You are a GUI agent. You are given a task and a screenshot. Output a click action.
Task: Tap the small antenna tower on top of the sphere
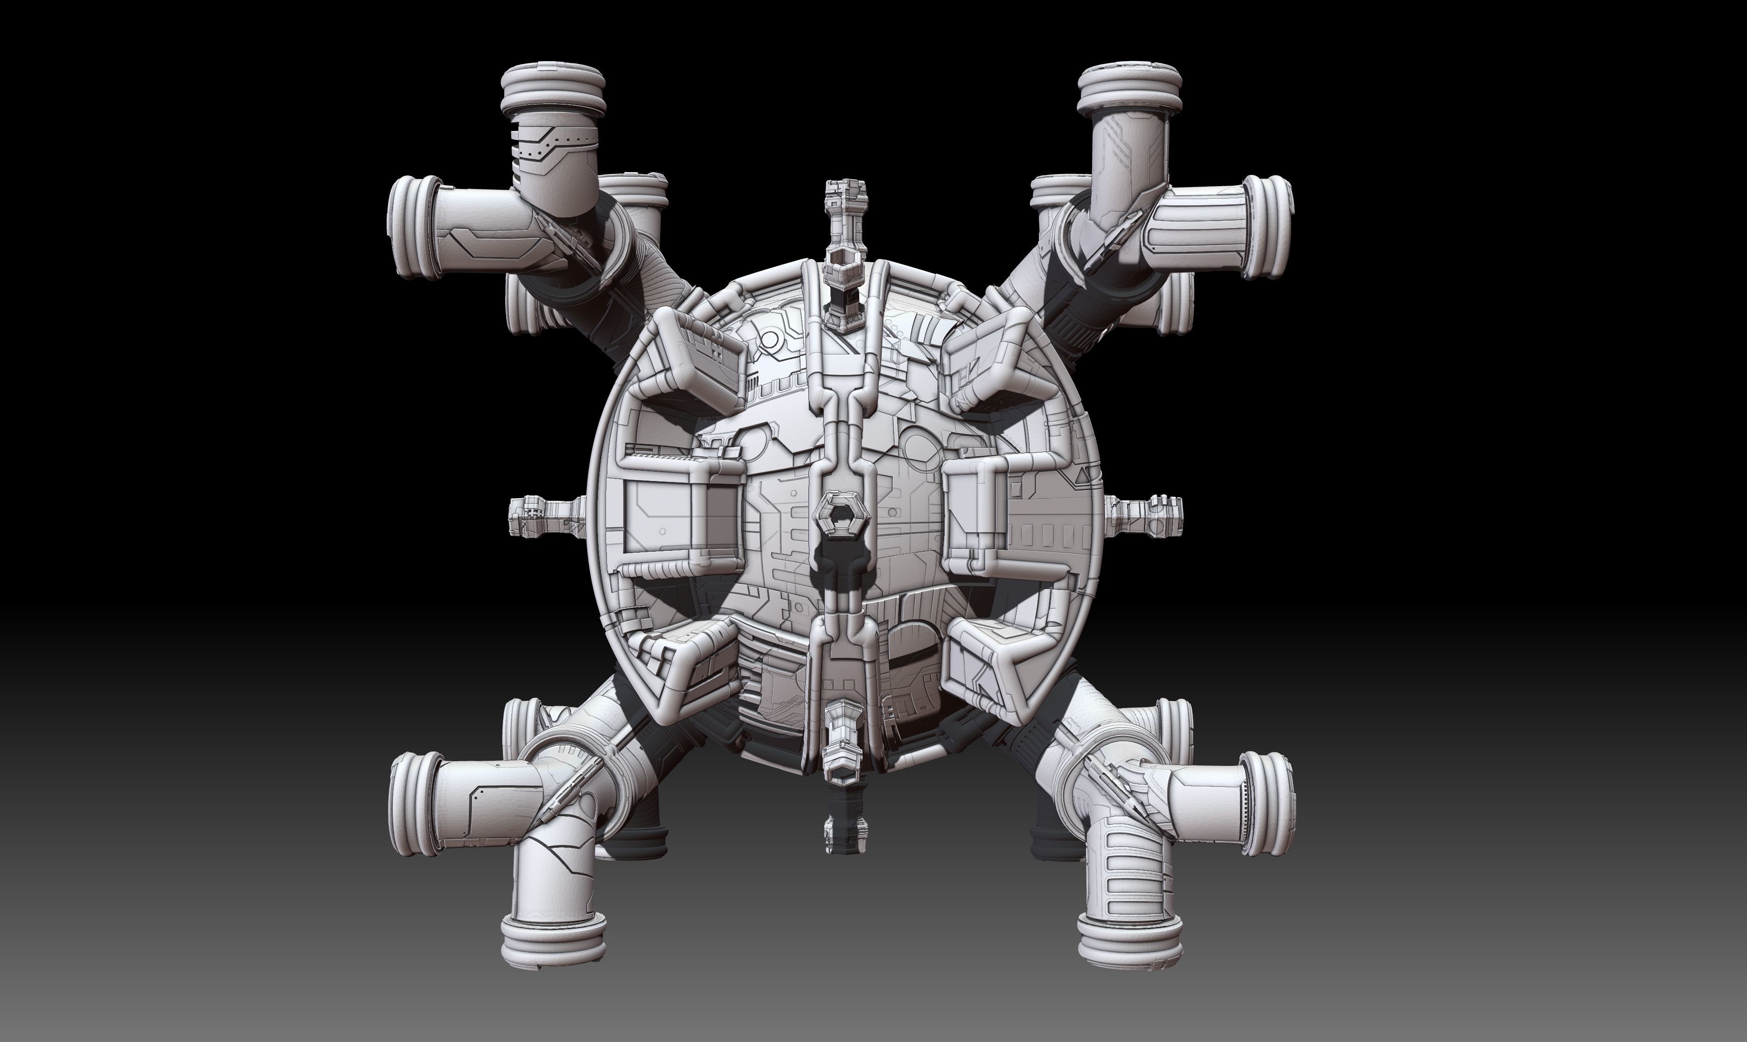tap(845, 232)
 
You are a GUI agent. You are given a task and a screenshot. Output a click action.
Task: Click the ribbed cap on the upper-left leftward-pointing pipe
tap(413, 228)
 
